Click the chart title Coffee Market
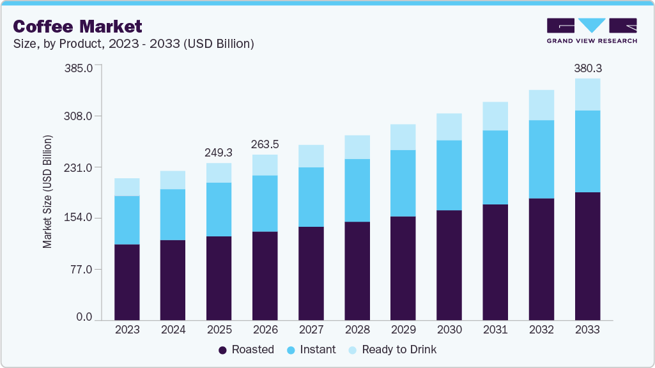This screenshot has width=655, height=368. pos(77,26)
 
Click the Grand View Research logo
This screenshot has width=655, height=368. pos(592,31)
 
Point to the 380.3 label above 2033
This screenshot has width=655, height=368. pos(587,68)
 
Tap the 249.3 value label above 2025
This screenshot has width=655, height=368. pos(219,153)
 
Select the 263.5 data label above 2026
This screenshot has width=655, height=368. pos(265,144)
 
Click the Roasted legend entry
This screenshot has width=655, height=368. pos(246,349)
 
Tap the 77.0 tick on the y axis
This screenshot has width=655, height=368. pos(81,269)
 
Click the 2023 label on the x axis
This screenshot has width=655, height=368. pos(127,330)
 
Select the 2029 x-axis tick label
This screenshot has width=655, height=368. pos(403,330)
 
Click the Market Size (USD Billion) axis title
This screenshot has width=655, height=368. pos(47,192)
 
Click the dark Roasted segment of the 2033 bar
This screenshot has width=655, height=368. pos(587,256)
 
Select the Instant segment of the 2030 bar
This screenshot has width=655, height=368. pos(449,175)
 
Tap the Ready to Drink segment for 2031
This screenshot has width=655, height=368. pos(495,116)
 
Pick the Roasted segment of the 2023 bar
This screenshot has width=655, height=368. pos(127,282)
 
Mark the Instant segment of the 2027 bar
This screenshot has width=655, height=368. pos(311,197)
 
